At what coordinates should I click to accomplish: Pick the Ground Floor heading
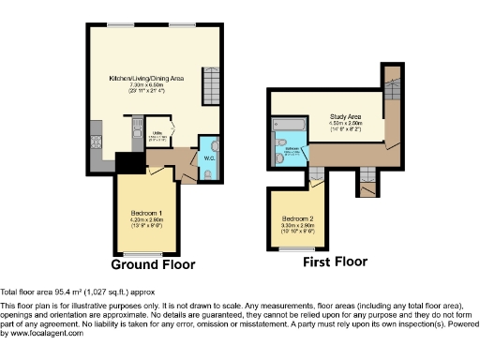[153, 264]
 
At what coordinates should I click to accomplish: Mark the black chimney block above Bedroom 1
[125, 162]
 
